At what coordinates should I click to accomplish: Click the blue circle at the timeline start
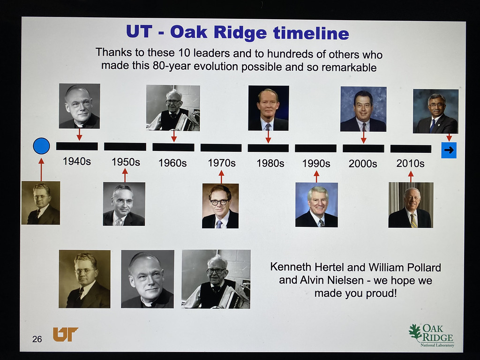(x=41, y=146)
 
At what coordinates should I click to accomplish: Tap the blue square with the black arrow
(x=449, y=150)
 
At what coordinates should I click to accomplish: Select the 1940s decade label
(x=77, y=161)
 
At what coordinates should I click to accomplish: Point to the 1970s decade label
(x=222, y=163)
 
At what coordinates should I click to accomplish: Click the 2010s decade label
(x=410, y=164)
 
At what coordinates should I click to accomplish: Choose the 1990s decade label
(x=316, y=164)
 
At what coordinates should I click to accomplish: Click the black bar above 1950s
(x=125, y=147)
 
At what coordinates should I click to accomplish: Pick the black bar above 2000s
(x=363, y=149)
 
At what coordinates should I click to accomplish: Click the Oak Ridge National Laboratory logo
(x=432, y=336)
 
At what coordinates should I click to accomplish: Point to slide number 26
(x=37, y=339)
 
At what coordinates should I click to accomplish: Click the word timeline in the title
(x=311, y=33)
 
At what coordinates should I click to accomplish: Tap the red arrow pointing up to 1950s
(x=125, y=175)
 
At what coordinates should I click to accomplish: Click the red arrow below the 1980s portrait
(x=268, y=137)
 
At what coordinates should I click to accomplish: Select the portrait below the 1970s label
(x=220, y=206)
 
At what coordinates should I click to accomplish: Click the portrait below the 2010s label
(x=411, y=205)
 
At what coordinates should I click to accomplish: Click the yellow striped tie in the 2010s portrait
(x=413, y=220)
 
